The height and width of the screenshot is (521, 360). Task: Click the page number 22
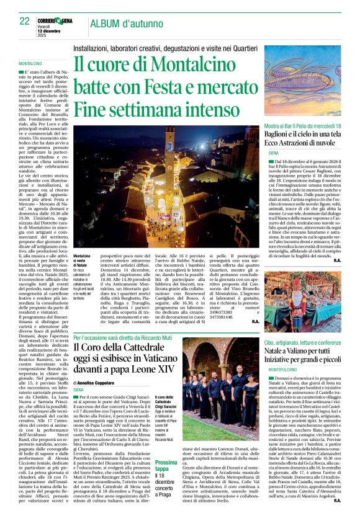[24, 22]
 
